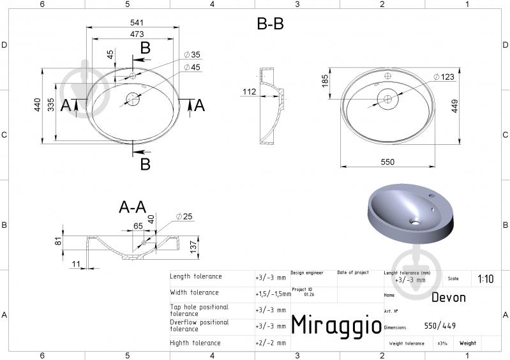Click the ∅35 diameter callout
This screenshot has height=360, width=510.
(191, 55)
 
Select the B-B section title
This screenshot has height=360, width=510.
(270, 24)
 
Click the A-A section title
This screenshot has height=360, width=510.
(133, 207)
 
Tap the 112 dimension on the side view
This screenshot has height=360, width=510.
(249, 92)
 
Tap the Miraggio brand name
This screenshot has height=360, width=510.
(336, 324)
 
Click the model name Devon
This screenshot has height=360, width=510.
(448, 297)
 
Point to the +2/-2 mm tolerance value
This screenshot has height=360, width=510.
(270, 343)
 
